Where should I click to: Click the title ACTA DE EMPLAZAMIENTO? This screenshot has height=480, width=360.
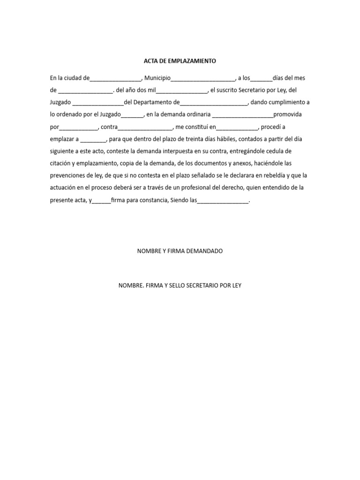click(180, 61)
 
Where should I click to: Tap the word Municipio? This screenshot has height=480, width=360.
click(157, 78)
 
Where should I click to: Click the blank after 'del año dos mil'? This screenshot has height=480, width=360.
click(181, 90)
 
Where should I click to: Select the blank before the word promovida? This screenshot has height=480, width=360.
click(243, 115)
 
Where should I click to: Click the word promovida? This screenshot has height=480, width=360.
click(287, 114)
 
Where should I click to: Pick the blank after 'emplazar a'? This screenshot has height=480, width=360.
click(94, 140)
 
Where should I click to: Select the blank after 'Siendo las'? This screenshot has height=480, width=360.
click(223, 201)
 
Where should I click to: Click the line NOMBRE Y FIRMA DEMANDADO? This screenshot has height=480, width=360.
click(180, 251)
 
